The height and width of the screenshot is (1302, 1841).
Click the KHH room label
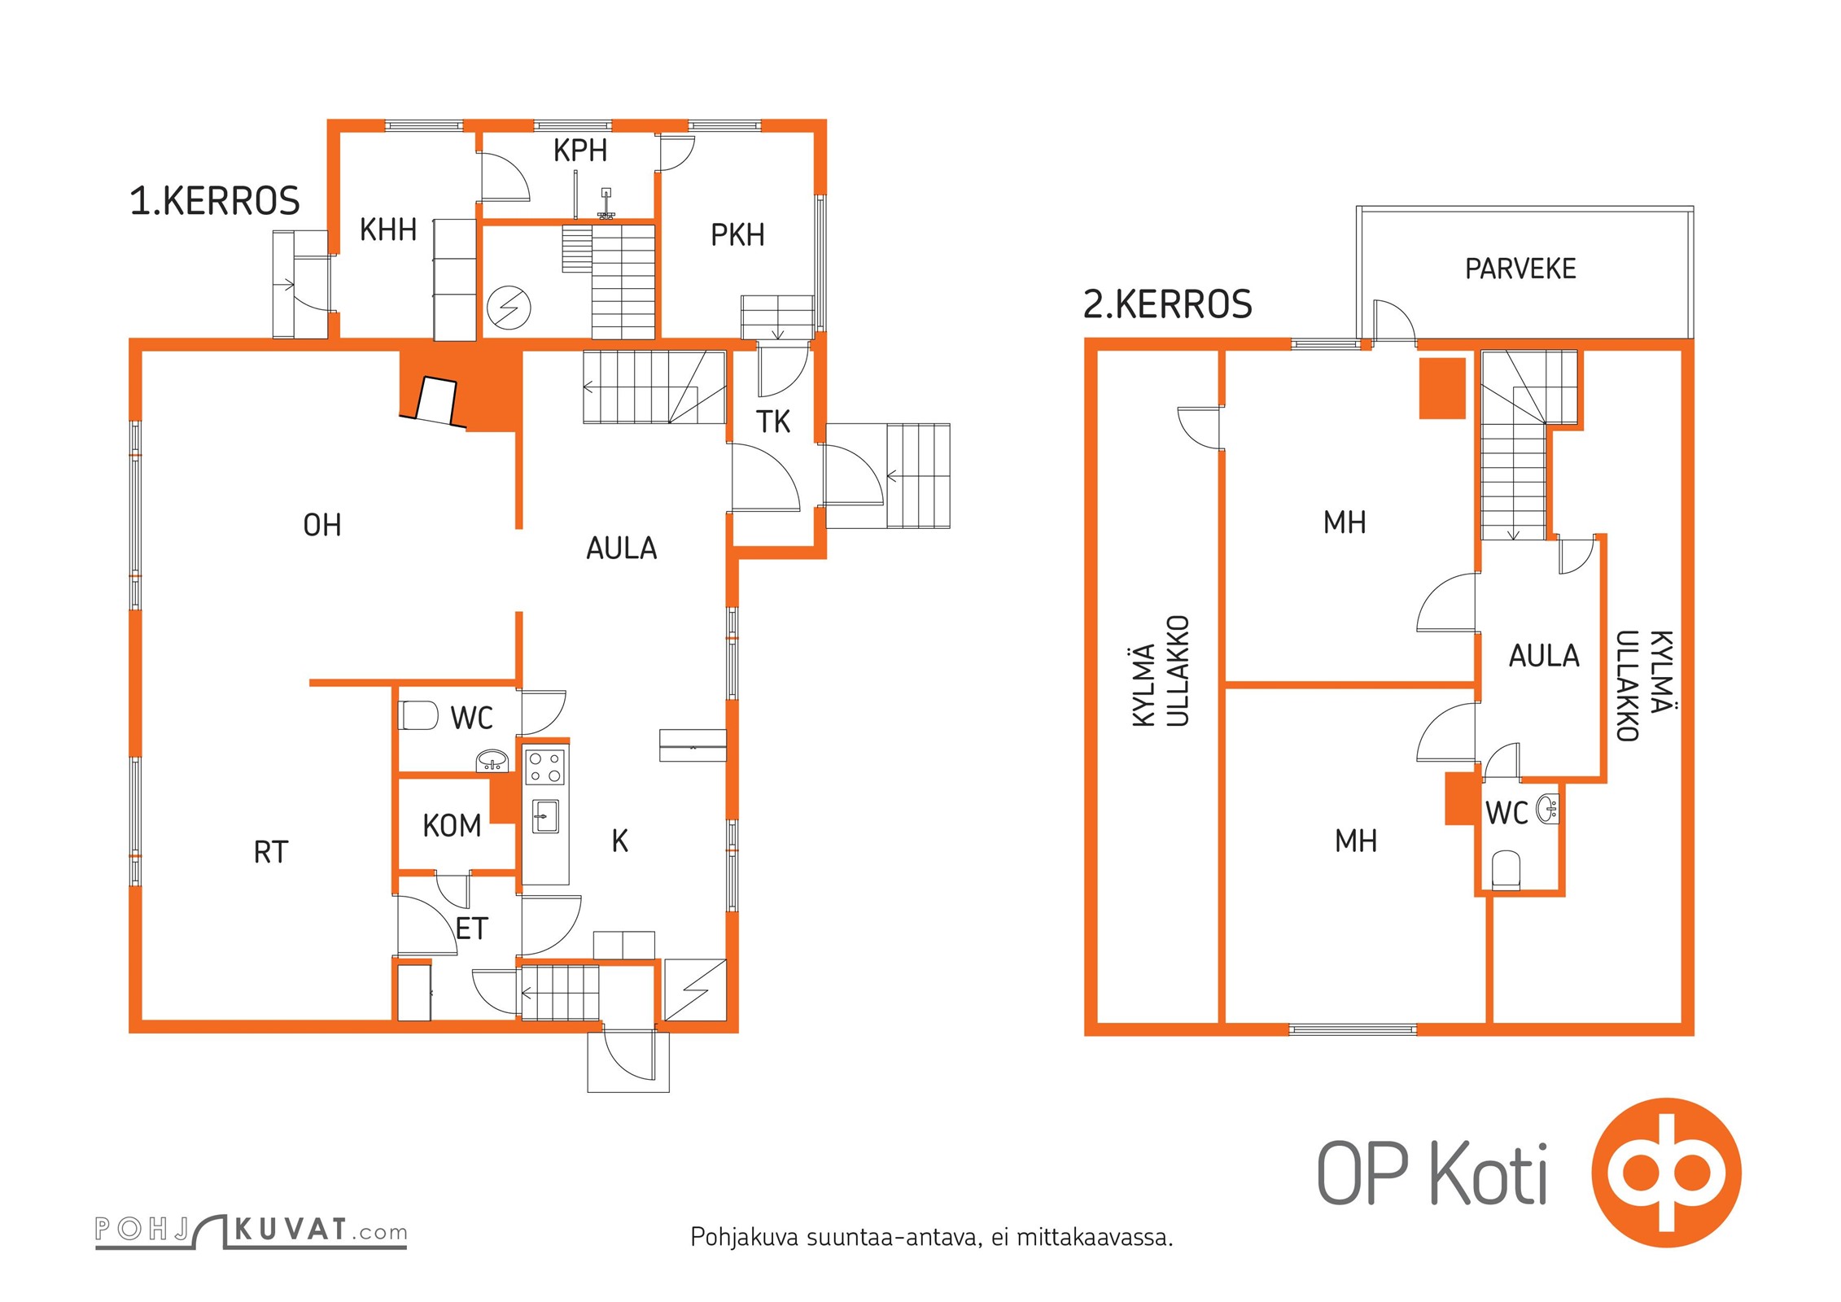pyautogui.click(x=388, y=230)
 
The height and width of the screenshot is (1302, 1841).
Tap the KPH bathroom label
pyautogui.click(x=580, y=151)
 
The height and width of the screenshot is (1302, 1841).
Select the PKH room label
pyautogui.click(x=737, y=235)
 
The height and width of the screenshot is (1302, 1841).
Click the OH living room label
pyautogui.click(x=322, y=526)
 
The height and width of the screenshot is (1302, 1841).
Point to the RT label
pyautogui.click(x=271, y=853)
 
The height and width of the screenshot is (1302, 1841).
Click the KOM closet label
pyautogui.click(x=452, y=827)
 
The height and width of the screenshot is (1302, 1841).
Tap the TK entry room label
pyautogui.click(x=773, y=422)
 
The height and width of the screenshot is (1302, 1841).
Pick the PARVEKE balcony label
pyautogui.click(x=1520, y=269)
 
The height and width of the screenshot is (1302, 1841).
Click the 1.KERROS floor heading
pyautogui.click(x=215, y=201)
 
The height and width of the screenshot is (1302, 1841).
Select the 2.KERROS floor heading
pyautogui.click(x=1167, y=304)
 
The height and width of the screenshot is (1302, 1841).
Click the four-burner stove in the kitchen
pyautogui.click(x=544, y=767)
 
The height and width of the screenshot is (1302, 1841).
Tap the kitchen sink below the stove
pyautogui.click(x=545, y=816)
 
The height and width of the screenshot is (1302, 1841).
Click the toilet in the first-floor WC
pyautogui.click(x=418, y=715)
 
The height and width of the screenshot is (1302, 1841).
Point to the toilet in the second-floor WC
pyautogui.click(x=1506, y=870)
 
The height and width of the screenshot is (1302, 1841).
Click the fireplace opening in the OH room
pyautogui.click(x=437, y=401)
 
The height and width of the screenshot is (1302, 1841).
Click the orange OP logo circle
pyautogui.click(x=1666, y=1173)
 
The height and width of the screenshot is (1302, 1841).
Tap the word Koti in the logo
pyautogui.click(x=1489, y=1174)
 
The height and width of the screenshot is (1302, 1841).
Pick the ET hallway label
pyautogui.click(x=471, y=929)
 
